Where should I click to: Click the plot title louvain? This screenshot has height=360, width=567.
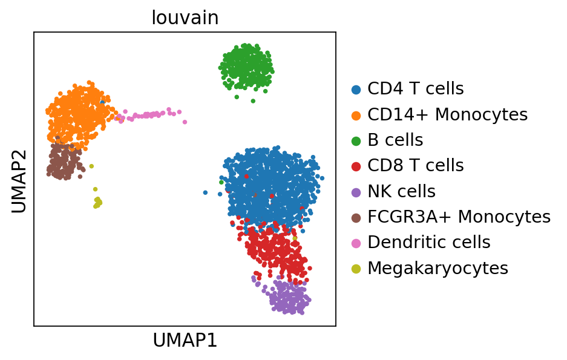(185, 18)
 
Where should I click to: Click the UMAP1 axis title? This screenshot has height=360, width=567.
(185, 341)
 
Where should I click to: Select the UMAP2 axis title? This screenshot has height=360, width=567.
(19, 179)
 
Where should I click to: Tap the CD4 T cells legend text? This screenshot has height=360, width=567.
(415, 89)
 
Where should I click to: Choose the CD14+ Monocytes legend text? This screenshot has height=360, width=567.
(447, 114)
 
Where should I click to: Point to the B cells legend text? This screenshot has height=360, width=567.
(395, 140)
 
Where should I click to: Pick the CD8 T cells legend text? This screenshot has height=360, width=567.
(415, 166)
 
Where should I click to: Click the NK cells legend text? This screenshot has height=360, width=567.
(401, 192)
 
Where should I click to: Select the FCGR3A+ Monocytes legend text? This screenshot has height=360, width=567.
(459, 217)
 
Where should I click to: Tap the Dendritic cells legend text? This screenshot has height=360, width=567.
(428, 243)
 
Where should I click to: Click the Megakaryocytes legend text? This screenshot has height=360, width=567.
(438, 269)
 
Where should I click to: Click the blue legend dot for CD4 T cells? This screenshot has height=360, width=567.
(356, 90)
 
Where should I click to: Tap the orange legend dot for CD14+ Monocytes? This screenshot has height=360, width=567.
(356, 115)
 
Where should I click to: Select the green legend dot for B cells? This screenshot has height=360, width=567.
(356, 141)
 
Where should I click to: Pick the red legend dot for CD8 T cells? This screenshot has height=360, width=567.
(356, 166)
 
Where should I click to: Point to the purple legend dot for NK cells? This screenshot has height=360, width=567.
(356, 192)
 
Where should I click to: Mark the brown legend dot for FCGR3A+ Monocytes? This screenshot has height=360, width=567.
(356, 218)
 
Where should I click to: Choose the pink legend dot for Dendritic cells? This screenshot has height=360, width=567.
(356, 243)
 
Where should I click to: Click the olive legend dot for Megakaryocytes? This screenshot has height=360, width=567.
(356, 269)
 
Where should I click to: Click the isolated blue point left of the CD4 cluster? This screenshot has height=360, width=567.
(205, 192)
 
